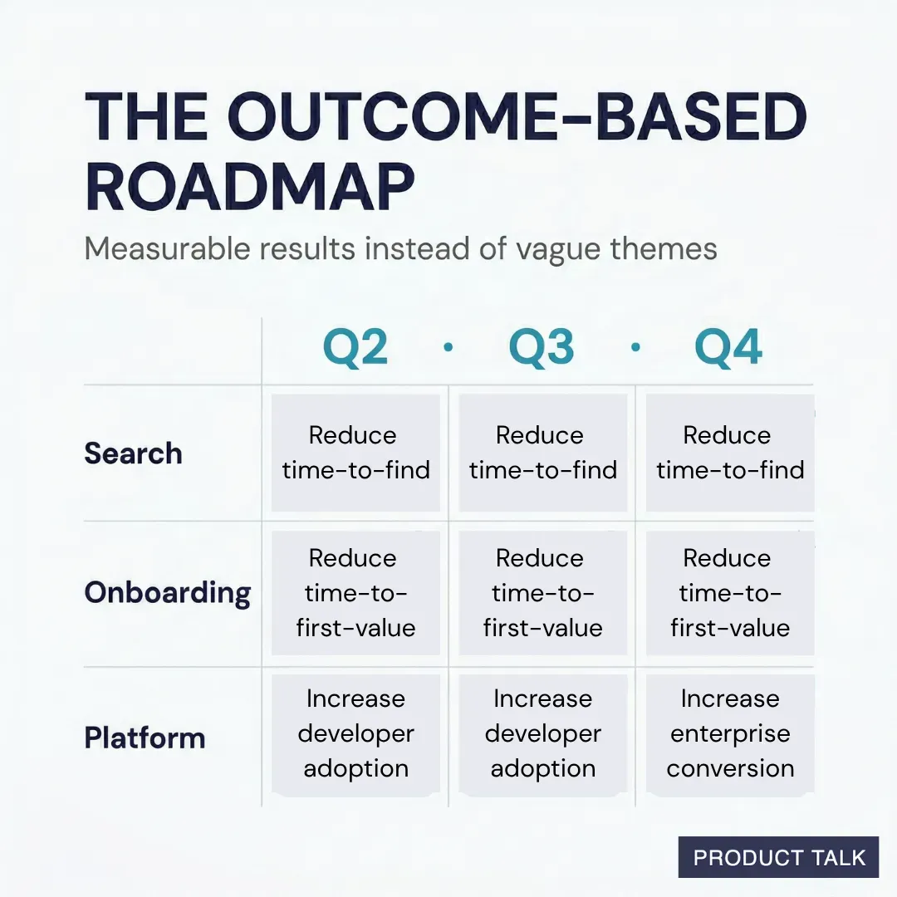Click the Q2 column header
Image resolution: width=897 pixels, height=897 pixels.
(x=355, y=349)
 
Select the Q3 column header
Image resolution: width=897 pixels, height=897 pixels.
(x=542, y=349)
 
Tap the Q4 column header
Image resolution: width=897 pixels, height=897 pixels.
(x=728, y=349)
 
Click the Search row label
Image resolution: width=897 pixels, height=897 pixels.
(x=133, y=453)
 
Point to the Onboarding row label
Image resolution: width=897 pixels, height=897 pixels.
(x=167, y=593)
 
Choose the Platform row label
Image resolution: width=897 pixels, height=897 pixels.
(x=145, y=738)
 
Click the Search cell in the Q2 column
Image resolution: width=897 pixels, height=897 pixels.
(x=355, y=453)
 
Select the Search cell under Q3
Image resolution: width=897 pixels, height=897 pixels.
(x=542, y=453)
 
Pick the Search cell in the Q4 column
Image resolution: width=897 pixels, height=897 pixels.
(x=729, y=453)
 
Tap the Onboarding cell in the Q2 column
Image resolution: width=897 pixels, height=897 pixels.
(x=355, y=593)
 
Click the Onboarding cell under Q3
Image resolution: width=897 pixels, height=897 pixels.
(x=542, y=593)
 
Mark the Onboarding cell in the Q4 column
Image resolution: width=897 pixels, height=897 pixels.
(x=729, y=593)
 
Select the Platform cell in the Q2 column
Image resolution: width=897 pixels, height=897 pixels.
(x=355, y=733)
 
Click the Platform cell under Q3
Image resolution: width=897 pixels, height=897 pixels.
(x=542, y=733)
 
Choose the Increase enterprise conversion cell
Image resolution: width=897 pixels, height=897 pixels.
(x=729, y=733)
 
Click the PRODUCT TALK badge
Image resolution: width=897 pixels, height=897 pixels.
(x=778, y=857)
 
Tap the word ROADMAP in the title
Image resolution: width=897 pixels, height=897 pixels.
(x=249, y=188)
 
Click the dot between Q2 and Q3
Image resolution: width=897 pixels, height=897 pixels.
(x=448, y=348)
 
